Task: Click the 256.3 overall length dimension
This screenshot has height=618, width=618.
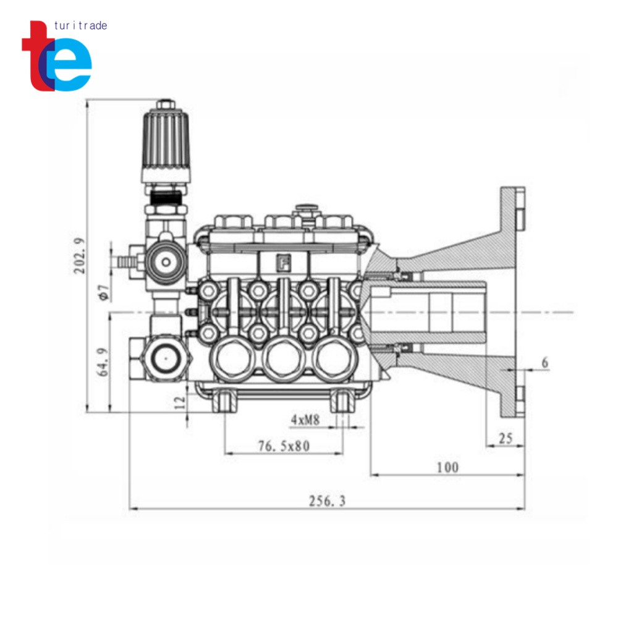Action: click(327, 501)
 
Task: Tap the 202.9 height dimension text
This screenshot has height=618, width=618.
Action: click(79, 256)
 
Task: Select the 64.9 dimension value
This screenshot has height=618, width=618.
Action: click(103, 362)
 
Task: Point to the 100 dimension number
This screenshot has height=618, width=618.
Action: click(447, 467)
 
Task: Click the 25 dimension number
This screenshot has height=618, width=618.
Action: click(506, 438)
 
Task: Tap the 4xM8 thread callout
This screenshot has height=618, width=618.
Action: click(305, 420)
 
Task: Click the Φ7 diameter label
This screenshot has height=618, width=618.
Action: click(104, 292)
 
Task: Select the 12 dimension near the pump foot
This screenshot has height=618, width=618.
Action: click(180, 402)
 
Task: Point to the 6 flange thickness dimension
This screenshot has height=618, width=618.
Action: click(544, 362)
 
